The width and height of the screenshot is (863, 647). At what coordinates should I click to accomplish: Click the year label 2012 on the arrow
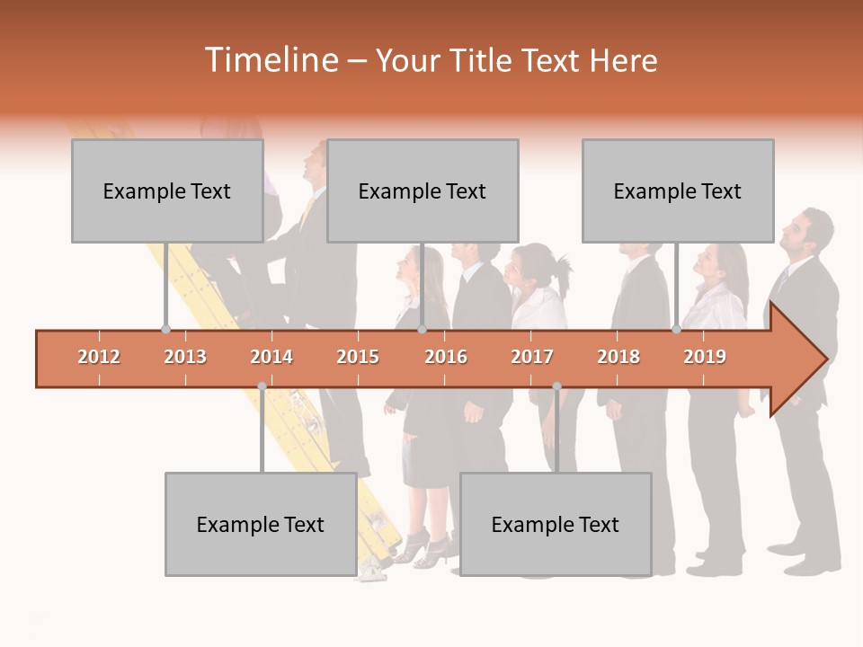[99, 357]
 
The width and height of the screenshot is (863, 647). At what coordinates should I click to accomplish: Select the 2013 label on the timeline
[185, 357]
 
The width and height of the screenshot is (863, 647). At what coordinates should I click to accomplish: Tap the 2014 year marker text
[271, 357]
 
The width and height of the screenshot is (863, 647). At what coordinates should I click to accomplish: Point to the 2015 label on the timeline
[358, 357]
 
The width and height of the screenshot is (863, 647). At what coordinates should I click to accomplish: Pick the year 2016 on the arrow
[446, 357]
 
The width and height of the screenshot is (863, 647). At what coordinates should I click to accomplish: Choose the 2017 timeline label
[532, 357]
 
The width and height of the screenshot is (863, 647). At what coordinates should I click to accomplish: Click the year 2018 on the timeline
[618, 357]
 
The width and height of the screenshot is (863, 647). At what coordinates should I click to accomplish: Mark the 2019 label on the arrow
[705, 357]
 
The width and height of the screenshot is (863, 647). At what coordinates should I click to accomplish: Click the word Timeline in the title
[270, 60]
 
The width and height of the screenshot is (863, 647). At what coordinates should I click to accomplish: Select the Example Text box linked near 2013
[167, 191]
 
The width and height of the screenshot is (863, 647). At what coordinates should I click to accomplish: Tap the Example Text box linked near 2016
[423, 191]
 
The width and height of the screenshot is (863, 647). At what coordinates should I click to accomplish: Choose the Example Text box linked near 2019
[678, 191]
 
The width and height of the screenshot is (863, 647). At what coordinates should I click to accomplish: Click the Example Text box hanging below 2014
[261, 524]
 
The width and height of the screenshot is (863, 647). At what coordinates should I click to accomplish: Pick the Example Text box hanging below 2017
[556, 524]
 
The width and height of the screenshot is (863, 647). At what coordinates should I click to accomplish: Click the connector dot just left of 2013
[165, 330]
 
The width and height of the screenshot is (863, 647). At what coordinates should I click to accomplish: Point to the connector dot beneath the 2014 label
[262, 386]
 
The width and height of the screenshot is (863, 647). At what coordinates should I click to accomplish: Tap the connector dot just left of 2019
[676, 330]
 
